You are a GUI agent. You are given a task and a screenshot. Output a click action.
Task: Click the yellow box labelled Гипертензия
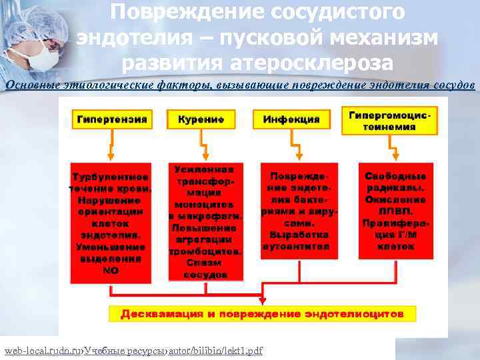(111, 120)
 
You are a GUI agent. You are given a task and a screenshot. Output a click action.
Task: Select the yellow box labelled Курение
(201, 120)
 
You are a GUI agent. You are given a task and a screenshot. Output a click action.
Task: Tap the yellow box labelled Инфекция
(291, 120)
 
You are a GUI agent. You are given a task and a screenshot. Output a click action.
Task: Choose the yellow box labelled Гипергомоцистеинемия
(389, 120)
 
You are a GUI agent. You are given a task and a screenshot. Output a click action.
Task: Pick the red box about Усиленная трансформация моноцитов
(205, 221)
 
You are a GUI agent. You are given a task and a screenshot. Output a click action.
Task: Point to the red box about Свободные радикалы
(395, 211)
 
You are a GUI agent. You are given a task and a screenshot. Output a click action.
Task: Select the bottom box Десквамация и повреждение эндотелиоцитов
(262, 313)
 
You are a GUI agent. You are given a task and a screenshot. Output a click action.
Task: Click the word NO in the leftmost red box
(111, 271)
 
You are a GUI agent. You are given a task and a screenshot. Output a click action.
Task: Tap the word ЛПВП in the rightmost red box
(395, 209)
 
